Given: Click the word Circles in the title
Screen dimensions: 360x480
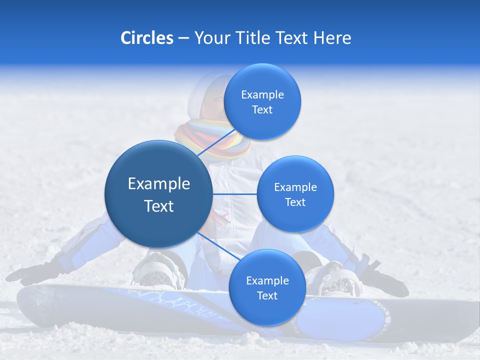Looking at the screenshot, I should [146, 38].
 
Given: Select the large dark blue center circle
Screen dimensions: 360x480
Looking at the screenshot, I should [158, 194].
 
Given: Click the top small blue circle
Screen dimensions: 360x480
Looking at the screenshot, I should [262, 102].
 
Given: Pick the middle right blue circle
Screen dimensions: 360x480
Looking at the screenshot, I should [295, 194].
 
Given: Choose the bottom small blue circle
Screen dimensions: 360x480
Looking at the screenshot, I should [267, 287].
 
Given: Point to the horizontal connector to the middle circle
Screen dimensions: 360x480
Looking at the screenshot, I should [234, 194].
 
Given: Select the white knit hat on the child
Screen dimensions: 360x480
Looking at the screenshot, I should [205, 92].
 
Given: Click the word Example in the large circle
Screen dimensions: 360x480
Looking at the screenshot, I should [158, 184].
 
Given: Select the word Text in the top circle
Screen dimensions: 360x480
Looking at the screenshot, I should [262, 110].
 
